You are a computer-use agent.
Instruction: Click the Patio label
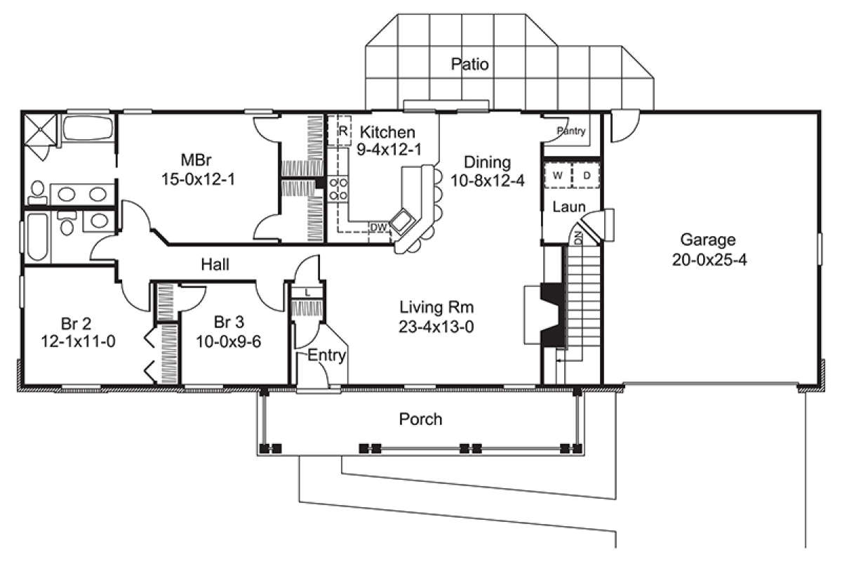pos(469,65)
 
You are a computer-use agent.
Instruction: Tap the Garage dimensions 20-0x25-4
pos(709,260)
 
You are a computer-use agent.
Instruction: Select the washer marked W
pos(558,176)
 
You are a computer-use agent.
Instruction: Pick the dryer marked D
pos(586,176)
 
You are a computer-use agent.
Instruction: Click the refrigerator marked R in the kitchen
pos(340,131)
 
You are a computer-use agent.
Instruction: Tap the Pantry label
pos(571,131)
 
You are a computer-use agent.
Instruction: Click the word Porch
pos(420,419)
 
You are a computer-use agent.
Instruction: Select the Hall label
pos(215,265)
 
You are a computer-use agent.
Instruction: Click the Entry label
pos(327,355)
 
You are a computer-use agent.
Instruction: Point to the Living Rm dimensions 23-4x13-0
pos(436,327)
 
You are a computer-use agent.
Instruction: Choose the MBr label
pos(196,160)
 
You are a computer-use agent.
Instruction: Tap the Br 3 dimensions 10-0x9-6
pos(229,342)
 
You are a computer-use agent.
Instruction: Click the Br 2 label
pos(76,323)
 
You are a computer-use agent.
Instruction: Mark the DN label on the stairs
pos(578,238)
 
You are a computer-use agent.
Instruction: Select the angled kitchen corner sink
pos(401,220)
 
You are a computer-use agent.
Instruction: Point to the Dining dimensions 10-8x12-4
pos(488,181)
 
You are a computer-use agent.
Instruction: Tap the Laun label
pos(569,207)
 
